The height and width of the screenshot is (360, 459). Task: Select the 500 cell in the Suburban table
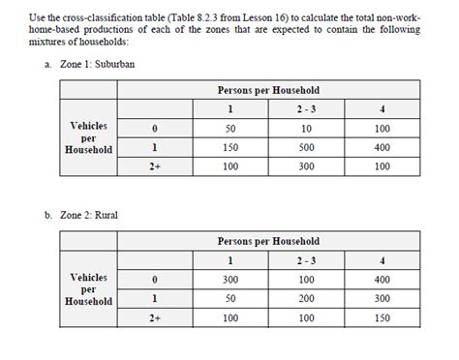307,147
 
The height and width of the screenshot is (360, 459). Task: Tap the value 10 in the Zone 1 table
307,128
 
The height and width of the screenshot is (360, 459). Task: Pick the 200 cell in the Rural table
307,299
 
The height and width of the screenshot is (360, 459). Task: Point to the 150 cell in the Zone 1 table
230,147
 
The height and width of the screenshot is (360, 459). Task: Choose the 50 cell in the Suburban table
230,128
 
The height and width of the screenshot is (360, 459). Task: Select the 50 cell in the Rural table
230,299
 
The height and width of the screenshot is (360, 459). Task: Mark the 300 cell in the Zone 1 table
307,166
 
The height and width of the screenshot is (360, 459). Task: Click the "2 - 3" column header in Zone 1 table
307,108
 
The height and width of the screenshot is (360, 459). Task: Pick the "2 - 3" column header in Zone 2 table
307,260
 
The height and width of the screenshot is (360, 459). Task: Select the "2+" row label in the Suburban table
154,166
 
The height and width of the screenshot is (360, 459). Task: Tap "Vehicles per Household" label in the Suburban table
89,137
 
